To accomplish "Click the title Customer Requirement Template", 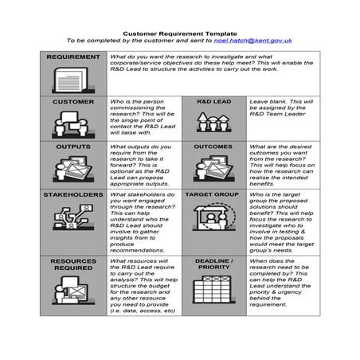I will [179, 32].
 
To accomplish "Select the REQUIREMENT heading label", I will [73, 57].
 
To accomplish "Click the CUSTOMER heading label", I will [73, 102].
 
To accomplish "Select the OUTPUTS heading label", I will [73, 147].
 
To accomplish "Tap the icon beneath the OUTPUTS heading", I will [72, 170].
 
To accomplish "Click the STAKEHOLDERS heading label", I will [73, 194].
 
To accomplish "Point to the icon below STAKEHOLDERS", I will [72, 218].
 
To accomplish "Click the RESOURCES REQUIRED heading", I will [73, 264].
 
